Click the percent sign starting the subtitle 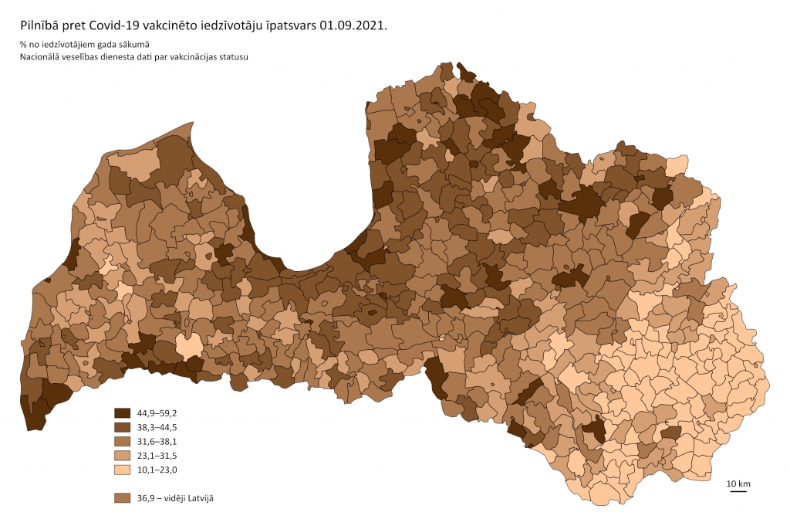(x=24, y=44)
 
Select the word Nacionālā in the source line (x=42, y=57)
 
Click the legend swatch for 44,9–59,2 (x=122, y=412)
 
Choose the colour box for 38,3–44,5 (x=122, y=427)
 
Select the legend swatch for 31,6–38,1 (x=122, y=441)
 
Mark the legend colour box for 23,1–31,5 (x=122, y=456)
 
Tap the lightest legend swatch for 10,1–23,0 (x=122, y=470)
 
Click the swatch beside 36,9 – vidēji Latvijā (x=122, y=498)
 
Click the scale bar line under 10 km (x=738, y=491)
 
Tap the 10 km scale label (x=738, y=484)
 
